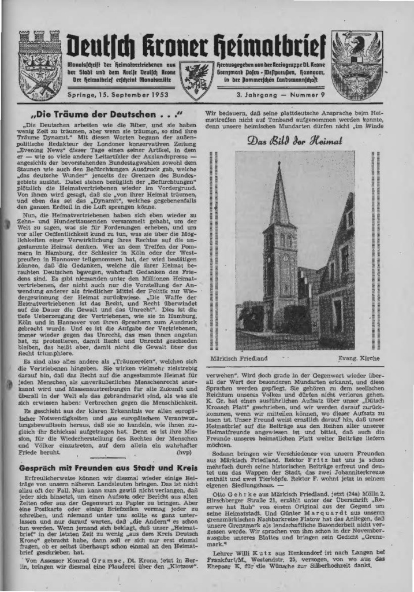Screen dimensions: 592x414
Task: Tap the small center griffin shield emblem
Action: click(195, 77)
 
